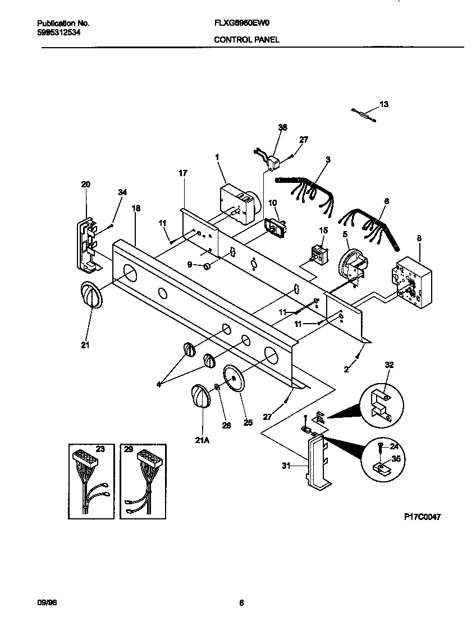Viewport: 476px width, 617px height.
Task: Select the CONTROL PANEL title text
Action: (246, 40)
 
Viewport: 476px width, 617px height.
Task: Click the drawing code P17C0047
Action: (422, 517)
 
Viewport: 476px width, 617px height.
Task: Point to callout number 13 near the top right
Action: (384, 104)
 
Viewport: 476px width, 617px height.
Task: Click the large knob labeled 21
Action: (90, 295)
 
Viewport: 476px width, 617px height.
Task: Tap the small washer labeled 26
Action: (217, 387)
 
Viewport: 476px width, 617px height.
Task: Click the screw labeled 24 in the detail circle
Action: (381, 447)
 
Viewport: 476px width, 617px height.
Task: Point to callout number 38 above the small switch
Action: (282, 128)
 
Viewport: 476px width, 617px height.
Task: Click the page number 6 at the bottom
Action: (241, 603)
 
